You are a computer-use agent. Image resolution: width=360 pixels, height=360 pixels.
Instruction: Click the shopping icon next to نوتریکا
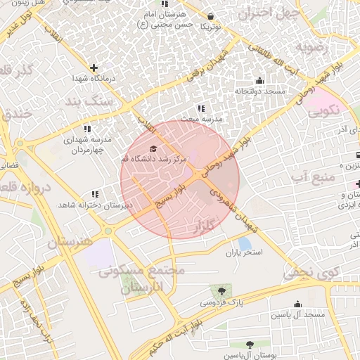(x=210, y=15)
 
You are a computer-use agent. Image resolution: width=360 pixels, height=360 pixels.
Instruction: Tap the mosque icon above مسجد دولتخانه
(x=260, y=80)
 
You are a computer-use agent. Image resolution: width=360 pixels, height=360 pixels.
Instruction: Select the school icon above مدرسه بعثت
(x=201, y=108)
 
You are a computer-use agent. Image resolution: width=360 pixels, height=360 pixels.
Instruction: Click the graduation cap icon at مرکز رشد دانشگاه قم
(x=154, y=148)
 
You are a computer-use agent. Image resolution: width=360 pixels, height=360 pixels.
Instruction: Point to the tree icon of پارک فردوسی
(x=221, y=290)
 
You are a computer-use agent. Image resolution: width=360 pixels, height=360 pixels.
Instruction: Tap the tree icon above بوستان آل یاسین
(x=250, y=345)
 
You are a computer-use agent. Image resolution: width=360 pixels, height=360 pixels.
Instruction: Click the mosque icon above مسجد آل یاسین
(x=299, y=304)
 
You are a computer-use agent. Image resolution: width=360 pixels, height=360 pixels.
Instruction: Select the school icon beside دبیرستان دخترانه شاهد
(x=95, y=194)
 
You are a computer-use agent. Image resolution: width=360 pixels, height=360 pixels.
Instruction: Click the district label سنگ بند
(x=104, y=103)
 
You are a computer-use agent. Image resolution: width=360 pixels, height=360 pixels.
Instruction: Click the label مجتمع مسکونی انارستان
(x=141, y=279)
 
